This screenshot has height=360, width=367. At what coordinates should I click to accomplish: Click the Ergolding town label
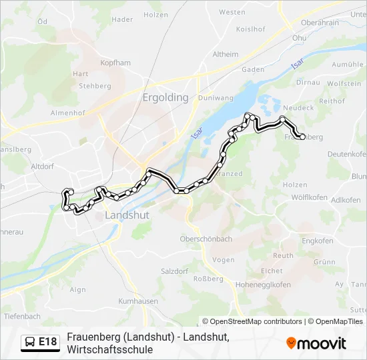tap(165, 97)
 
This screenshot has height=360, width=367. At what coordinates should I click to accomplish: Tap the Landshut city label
tap(127, 216)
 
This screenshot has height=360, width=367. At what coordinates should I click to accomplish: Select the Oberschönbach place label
tap(206, 239)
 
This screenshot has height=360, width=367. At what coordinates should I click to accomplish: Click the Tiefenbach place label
tap(22, 316)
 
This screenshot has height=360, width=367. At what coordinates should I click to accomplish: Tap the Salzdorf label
tap(176, 271)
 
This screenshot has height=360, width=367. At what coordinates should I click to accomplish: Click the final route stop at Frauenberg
tap(303, 137)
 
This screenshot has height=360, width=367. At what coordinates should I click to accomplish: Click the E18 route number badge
tap(47, 342)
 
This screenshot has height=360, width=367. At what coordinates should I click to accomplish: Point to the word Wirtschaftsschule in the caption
tap(109, 349)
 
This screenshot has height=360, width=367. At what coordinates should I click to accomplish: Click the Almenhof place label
tap(67, 113)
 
